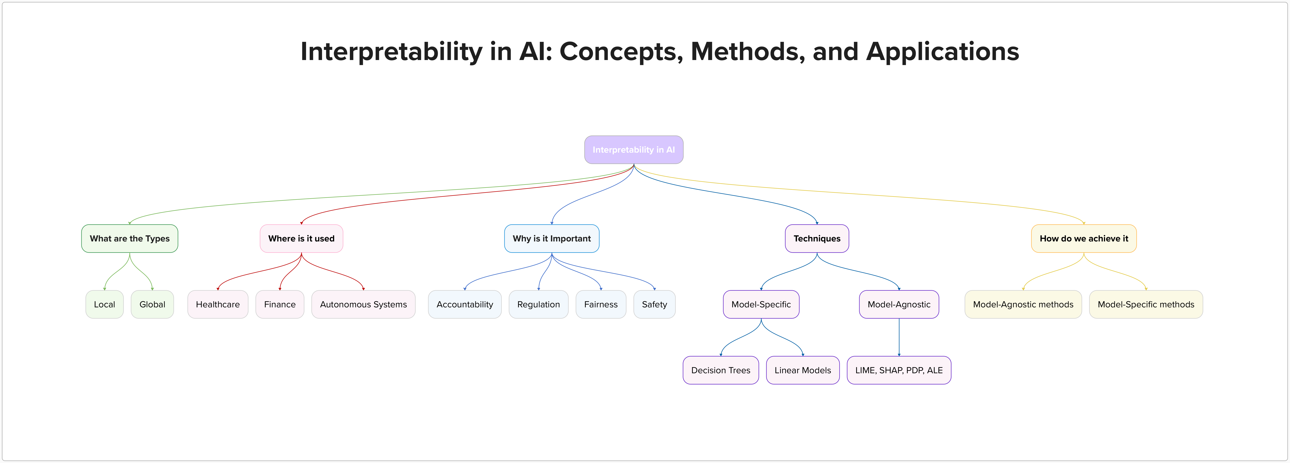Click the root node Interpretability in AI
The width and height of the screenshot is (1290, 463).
tap(634, 150)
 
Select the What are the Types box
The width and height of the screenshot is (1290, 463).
tap(130, 238)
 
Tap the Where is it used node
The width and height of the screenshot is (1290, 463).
tap(301, 238)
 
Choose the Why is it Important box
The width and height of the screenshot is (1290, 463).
tap(551, 238)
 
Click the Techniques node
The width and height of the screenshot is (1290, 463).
tap(817, 238)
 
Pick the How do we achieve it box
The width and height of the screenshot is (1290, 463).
tap(1084, 238)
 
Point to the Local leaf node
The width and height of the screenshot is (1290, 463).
tap(104, 304)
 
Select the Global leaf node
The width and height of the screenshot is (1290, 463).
tap(152, 304)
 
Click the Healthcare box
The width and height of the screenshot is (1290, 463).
tap(217, 304)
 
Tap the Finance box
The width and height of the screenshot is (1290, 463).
tap(279, 304)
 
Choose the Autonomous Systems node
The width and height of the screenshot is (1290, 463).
tap(363, 304)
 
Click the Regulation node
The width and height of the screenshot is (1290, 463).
tap(538, 304)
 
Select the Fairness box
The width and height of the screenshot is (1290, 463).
tap(600, 304)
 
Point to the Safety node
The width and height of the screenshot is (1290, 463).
tap(654, 304)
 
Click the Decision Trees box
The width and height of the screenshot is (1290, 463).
tap(721, 370)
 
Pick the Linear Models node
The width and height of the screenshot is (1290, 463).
tap(802, 370)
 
